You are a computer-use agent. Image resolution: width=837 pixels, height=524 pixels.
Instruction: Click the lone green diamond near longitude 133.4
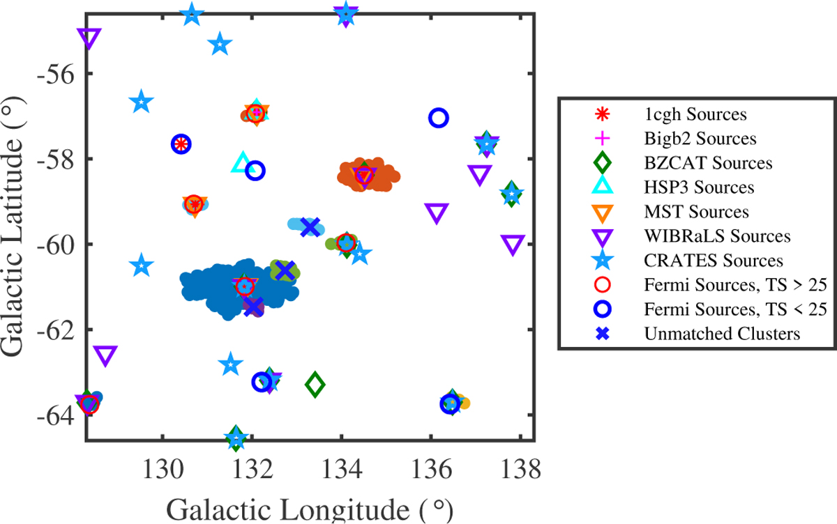(x=315, y=383)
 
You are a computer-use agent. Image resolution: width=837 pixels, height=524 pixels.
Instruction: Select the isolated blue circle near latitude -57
(x=438, y=118)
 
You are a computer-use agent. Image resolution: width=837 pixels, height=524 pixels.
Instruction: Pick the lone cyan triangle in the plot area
(x=242, y=163)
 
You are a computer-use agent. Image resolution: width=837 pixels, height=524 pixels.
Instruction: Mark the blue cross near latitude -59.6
(x=310, y=226)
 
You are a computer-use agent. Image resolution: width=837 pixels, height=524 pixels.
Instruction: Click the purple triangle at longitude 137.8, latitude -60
(x=513, y=245)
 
